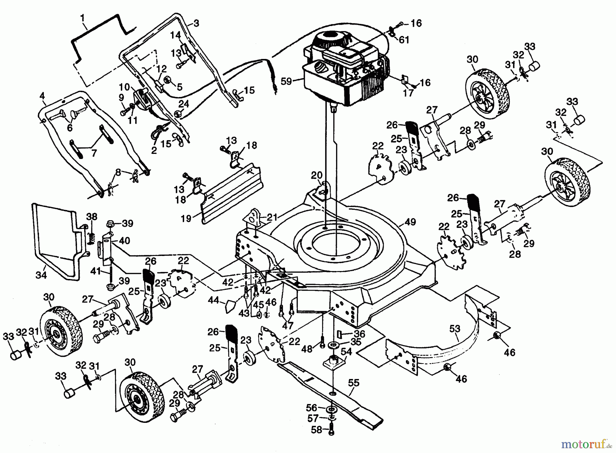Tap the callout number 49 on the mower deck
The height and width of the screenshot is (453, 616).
(x=410, y=222)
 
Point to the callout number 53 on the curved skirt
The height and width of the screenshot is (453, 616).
(x=455, y=329)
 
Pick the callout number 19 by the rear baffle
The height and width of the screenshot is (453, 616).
(x=186, y=218)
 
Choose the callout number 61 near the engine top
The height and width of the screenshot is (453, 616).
(x=404, y=40)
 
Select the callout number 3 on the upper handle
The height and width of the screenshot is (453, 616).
(x=196, y=23)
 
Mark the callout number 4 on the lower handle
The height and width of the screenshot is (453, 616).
(x=42, y=96)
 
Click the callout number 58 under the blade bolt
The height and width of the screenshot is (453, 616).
(x=317, y=430)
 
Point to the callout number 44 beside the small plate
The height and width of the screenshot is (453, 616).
(x=214, y=301)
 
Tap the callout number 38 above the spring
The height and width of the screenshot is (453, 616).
(x=91, y=217)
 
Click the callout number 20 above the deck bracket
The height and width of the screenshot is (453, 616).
(x=317, y=175)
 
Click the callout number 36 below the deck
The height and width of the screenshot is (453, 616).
(x=359, y=333)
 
